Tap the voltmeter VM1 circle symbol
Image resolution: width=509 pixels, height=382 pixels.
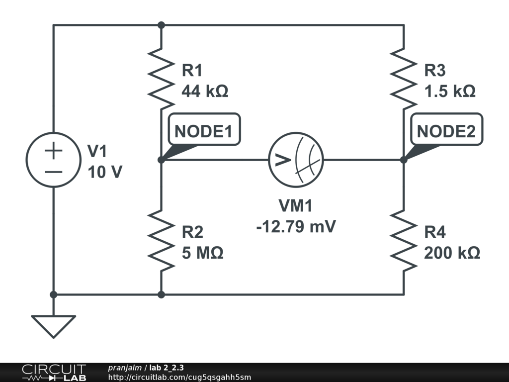(x=296, y=160)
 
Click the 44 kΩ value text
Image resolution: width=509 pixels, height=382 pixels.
(x=205, y=92)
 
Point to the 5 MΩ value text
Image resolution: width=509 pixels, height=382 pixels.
(x=202, y=253)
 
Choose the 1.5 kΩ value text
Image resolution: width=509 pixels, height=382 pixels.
(x=449, y=92)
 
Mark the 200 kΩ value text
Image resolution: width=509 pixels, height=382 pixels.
(x=452, y=253)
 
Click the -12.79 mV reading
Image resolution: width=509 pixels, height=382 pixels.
(x=296, y=226)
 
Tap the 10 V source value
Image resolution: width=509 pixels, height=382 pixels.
(x=104, y=172)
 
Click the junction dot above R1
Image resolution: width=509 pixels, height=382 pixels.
(x=161, y=25)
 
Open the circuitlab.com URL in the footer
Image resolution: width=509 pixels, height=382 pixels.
(x=179, y=377)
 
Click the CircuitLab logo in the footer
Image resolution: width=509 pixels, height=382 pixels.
(x=54, y=372)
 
